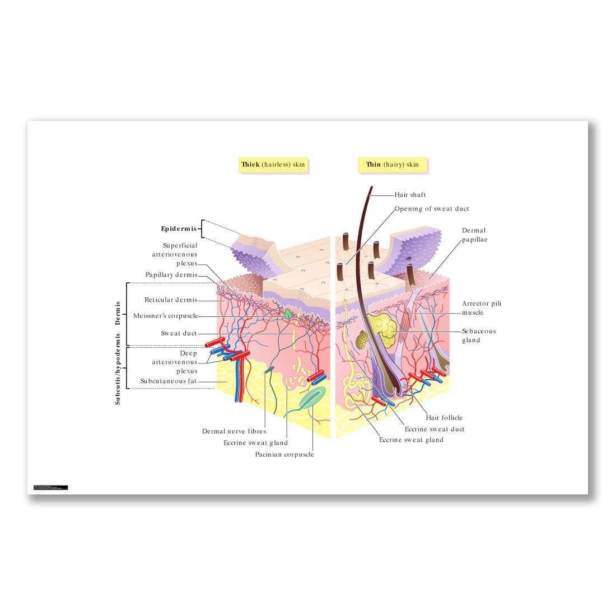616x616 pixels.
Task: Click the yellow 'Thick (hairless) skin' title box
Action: (273, 165)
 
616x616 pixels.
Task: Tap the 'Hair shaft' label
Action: (410, 195)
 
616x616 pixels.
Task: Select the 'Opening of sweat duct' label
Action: (432, 209)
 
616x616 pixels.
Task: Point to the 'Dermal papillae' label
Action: (474, 235)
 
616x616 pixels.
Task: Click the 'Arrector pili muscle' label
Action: (482, 308)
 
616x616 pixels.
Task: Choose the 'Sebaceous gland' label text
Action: (479, 335)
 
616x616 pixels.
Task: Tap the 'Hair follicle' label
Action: (444, 418)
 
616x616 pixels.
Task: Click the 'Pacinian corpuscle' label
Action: (284, 455)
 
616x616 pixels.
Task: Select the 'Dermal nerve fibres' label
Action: (234, 431)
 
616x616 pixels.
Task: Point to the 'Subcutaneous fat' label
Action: (169, 381)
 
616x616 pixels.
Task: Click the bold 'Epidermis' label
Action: (179, 229)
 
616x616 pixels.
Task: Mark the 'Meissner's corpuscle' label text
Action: (166, 316)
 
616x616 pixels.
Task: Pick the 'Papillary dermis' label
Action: (171, 275)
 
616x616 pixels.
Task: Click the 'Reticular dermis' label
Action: (171, 300)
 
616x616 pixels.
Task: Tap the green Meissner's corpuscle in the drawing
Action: (288, 314)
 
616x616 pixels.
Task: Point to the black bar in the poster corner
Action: (50, 488)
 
